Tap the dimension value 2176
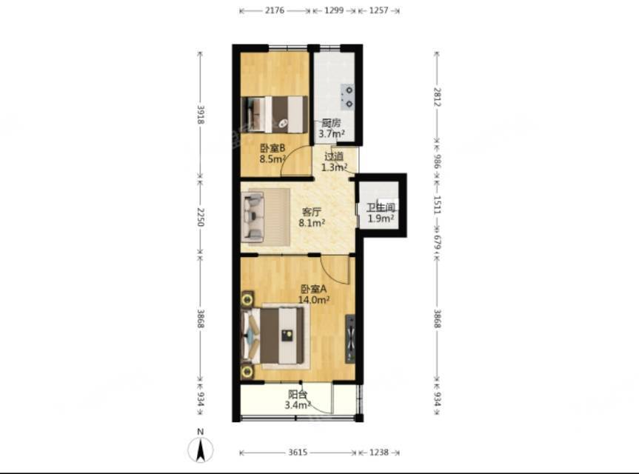275,10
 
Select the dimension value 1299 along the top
334,10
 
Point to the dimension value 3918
201,115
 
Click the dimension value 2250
201,217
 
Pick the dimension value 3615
298,452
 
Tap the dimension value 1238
379,452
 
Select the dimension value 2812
437,97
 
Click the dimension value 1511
437,205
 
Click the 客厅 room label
312,212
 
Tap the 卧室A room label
314,289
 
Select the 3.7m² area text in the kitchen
332,133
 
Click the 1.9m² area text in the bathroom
381,218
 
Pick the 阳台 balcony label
298,395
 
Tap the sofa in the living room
252,216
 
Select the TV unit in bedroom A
350,338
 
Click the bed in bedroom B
274,115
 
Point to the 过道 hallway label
334,156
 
